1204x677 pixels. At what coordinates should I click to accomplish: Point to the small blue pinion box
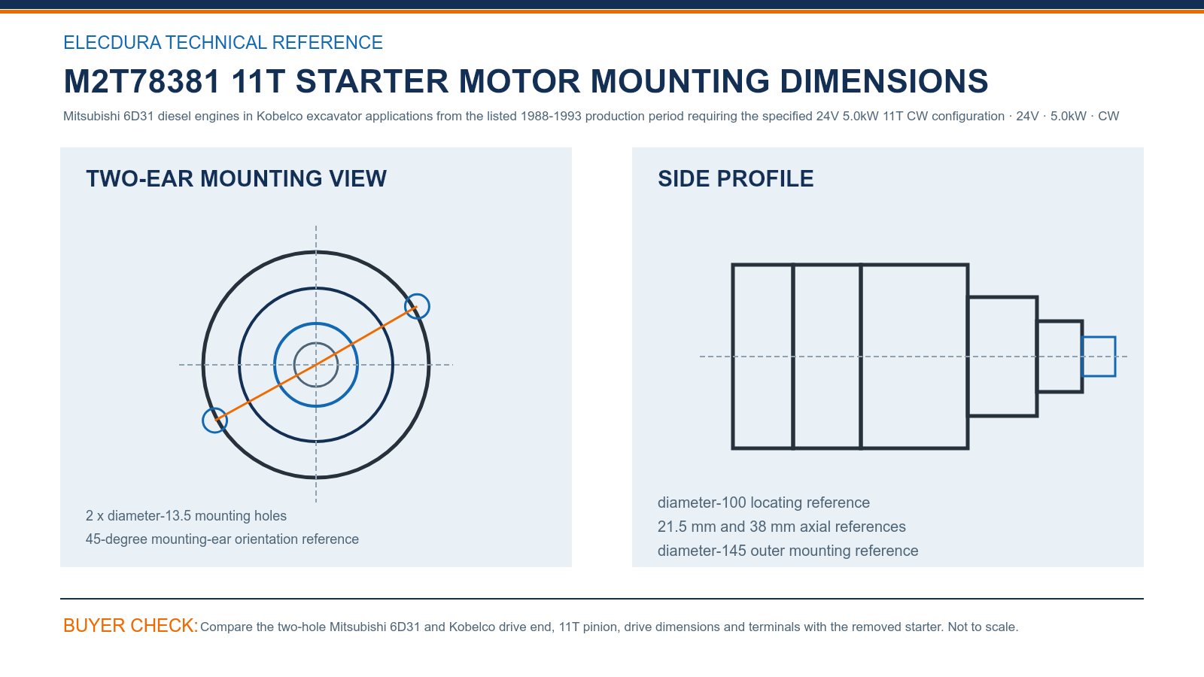point(1099,337)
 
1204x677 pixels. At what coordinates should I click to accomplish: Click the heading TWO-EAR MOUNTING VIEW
point(236,179)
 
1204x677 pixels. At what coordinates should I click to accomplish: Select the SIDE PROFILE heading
point(735,179)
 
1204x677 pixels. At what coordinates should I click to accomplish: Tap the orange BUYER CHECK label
point(131,625)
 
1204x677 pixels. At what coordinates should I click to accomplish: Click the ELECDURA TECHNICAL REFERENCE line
point(223,42)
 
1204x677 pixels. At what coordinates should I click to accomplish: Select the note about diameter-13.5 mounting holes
point(186,516)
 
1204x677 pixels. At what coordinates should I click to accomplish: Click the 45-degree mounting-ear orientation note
point(222,539)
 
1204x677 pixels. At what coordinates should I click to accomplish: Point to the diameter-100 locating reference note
point(763,502)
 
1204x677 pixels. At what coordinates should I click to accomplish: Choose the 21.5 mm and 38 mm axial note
point(782,527)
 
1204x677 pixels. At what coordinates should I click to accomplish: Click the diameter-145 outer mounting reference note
point(787,551)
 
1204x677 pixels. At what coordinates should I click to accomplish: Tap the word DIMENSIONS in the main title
point(883,81)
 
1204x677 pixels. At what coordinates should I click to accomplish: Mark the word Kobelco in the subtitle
point(279,116)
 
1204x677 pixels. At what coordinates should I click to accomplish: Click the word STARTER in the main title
point(372,81)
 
